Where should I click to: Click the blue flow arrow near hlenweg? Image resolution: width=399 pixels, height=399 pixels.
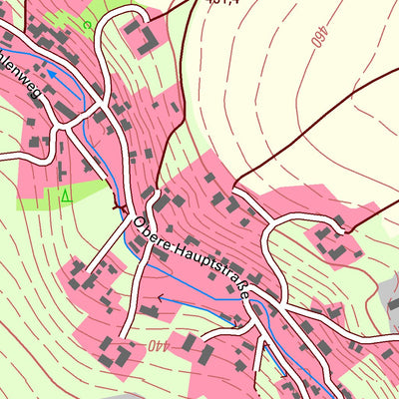pos(50,73)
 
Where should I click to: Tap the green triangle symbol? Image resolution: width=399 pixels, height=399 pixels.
pos(65,196)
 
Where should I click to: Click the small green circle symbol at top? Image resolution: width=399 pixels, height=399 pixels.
pos(87,23)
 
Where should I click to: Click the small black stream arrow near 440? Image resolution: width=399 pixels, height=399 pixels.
pos(160,297)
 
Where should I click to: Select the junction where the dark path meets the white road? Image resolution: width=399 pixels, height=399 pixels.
pos(235,188)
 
